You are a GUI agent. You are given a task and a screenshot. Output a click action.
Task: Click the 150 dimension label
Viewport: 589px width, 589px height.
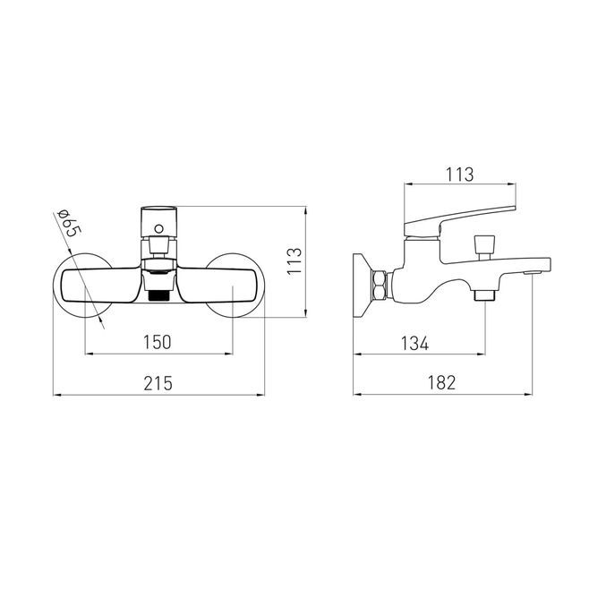[157, 342]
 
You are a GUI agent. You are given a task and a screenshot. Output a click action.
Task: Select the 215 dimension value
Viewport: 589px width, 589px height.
[158, 383]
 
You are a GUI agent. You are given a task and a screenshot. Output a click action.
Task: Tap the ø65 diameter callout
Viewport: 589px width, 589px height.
[68, 223]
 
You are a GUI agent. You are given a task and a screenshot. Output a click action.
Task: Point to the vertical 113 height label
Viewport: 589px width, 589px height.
[294, 261]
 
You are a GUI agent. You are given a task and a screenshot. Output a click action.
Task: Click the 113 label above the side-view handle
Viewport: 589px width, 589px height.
[460, 175]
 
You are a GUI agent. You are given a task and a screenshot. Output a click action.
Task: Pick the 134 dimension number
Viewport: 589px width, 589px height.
[414, 344]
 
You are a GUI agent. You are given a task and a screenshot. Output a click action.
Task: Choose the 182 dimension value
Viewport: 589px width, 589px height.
[442, 383]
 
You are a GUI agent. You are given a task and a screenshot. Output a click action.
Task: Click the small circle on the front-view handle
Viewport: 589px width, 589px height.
[159, 228]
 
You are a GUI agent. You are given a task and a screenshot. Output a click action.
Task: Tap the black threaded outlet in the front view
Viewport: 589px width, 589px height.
[159, 295]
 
